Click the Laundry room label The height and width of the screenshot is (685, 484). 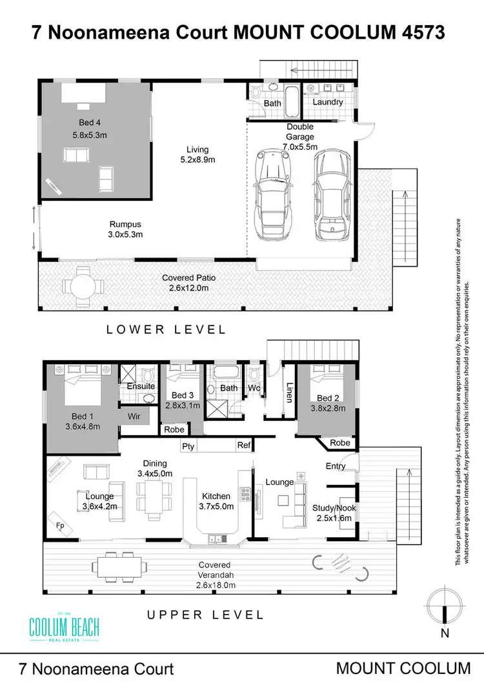point(328,102)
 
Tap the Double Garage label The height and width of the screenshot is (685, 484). point(300,132)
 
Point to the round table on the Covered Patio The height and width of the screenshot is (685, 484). point(83,287)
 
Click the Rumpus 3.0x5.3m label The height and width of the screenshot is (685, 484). point(125,229)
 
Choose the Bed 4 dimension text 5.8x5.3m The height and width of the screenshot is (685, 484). point(90,135)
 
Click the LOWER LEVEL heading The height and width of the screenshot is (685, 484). point(166,329)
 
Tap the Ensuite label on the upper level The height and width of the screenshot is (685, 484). point(141,386)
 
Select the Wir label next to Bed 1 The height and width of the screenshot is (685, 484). point(134,416)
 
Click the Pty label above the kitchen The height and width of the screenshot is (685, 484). point(188,446)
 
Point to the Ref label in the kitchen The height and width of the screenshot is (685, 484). point(244,445)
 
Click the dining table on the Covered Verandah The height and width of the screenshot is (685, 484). point(119,567)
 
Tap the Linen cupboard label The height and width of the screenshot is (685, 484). point(289,393)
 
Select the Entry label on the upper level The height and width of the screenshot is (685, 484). point(336,466)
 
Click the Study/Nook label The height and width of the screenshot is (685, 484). point(334,508)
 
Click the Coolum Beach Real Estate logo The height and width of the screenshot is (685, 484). point(65,627)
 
